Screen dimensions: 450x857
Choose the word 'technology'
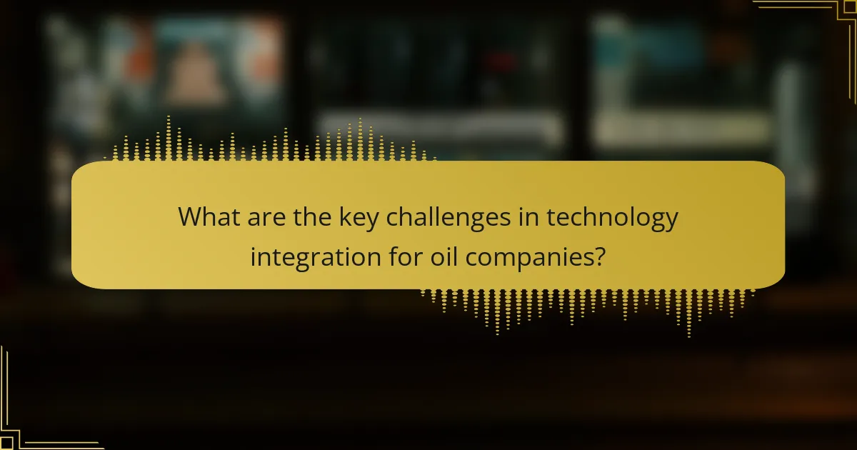[x=613, y=218]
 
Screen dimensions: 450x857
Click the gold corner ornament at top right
[x=821, y=21]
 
